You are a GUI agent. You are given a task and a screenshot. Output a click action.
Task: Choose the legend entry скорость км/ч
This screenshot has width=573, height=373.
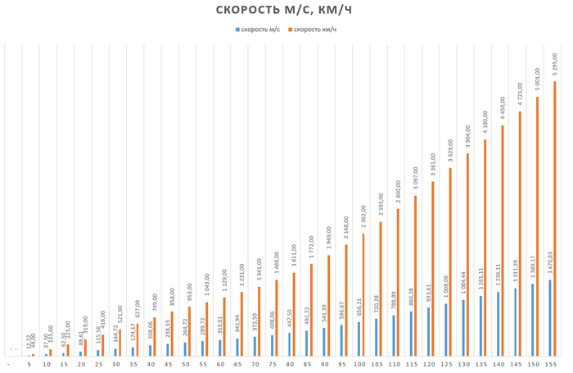coord(314,30)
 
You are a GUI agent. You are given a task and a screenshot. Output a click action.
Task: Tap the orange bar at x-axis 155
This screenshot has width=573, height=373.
coord(554,218)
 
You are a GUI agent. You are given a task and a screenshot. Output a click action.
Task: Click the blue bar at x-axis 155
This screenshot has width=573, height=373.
coord(549,318)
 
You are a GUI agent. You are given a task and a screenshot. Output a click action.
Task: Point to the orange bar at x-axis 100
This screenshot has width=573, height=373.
coord(363,294)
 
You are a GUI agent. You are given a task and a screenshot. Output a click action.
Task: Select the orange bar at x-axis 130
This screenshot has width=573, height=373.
coord(467,255)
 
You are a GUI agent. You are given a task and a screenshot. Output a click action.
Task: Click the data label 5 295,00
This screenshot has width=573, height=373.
coord(555,64)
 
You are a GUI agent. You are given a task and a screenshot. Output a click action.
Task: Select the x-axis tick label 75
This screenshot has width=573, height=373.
coord(273,362)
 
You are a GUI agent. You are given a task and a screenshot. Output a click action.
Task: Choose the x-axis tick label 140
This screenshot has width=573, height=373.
coord(499,362)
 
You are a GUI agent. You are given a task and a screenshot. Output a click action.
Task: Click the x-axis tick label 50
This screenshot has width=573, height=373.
coord(186,362)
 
